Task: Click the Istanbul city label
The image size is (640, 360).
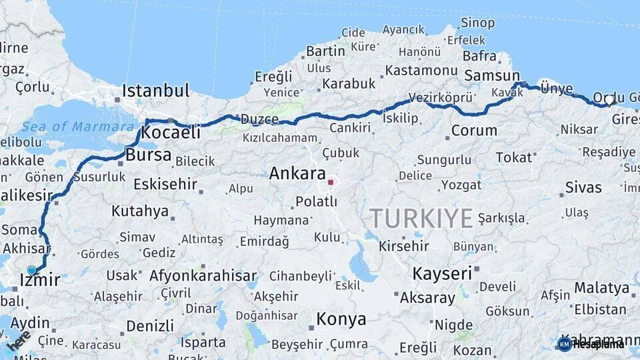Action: [156, 90]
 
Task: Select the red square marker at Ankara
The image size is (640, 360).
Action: [331, 181]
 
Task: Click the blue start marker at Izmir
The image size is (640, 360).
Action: [31, 270]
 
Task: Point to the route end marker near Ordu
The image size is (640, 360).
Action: [609, 101]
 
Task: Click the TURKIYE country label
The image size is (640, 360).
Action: [421, 218]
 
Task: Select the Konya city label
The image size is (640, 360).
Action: [341, 319]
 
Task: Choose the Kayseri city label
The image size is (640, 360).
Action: [442, 273]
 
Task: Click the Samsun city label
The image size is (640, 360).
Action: [492, 75]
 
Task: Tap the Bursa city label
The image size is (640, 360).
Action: [148, 156]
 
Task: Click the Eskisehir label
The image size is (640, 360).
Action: [165, 183]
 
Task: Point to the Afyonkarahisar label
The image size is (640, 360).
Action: [203, 275]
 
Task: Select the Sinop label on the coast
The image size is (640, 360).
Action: [478, 23]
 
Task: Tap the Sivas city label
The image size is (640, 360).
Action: [583, 187]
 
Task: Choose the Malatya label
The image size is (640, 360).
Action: [602, 288]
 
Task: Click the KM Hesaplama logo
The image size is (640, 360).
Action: [590, 344]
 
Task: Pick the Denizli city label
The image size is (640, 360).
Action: [150, 325]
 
